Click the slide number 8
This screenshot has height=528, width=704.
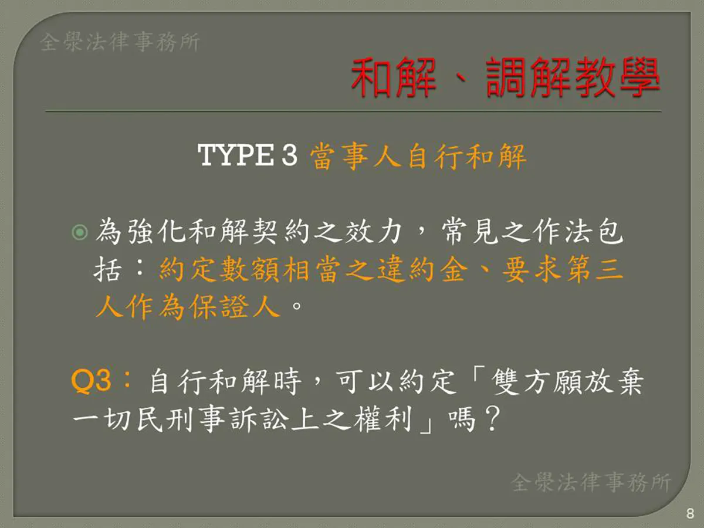[x=690, y=513]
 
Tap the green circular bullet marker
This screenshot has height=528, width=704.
[x=80, y=232]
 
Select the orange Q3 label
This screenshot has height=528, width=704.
[x=91, y=381]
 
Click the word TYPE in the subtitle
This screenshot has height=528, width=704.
[x=236, y=155]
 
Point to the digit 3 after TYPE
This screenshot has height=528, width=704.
[x=290, y=155]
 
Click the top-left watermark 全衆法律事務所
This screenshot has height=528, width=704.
[x=120, y=42]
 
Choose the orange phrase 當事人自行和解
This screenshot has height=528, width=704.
[x=418, y=156]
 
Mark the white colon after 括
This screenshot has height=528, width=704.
[x=140, y=269]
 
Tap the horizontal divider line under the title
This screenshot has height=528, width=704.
[x=353, y=111]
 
